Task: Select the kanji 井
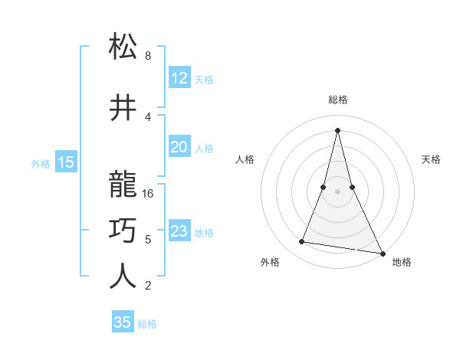click(123, 108)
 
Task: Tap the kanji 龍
click(123, 185)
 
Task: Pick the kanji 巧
click(123, 230)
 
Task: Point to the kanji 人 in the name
click(123, 277)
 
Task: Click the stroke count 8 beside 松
click(147, 56)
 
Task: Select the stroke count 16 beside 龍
click(149, 194)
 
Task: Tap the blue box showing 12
click(179, 78)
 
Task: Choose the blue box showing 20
click(179, 148)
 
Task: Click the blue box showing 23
click(179, 232)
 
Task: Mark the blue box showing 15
click(65, 162)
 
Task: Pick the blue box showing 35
click(123, 322)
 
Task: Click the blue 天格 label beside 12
click(203, 80)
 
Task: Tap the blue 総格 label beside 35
click(147, 324)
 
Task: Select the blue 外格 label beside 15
click(41, 164)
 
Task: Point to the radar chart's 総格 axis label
click(337, 100)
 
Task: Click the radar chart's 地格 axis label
click(402, 262)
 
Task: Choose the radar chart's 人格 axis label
click(245, 159)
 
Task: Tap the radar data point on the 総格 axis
click(337, 130)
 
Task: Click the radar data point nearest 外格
click(302, 242)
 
